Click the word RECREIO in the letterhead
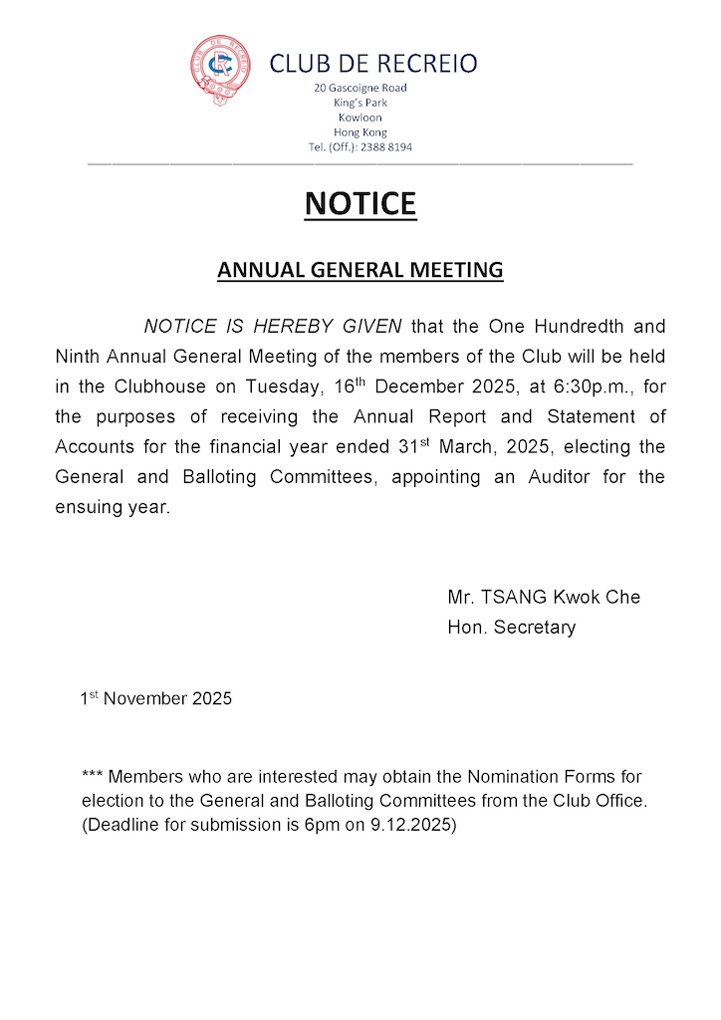click(425, 65)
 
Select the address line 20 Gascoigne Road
click(360, 88)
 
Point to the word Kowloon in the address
click(360, 118)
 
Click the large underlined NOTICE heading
click(360, 203)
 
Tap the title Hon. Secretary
click(512, 628)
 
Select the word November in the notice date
click(145, 698)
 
